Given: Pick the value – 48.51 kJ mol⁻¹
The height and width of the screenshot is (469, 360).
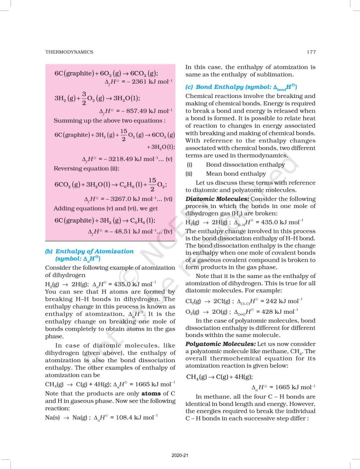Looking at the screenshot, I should (x=130, y=232).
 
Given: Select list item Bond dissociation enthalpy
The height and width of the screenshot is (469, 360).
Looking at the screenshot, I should (x=245, y=165).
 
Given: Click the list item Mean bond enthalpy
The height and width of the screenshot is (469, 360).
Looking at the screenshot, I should (x=236, y=174).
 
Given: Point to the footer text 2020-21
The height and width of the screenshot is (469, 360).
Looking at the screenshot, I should (x=180, y=455).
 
